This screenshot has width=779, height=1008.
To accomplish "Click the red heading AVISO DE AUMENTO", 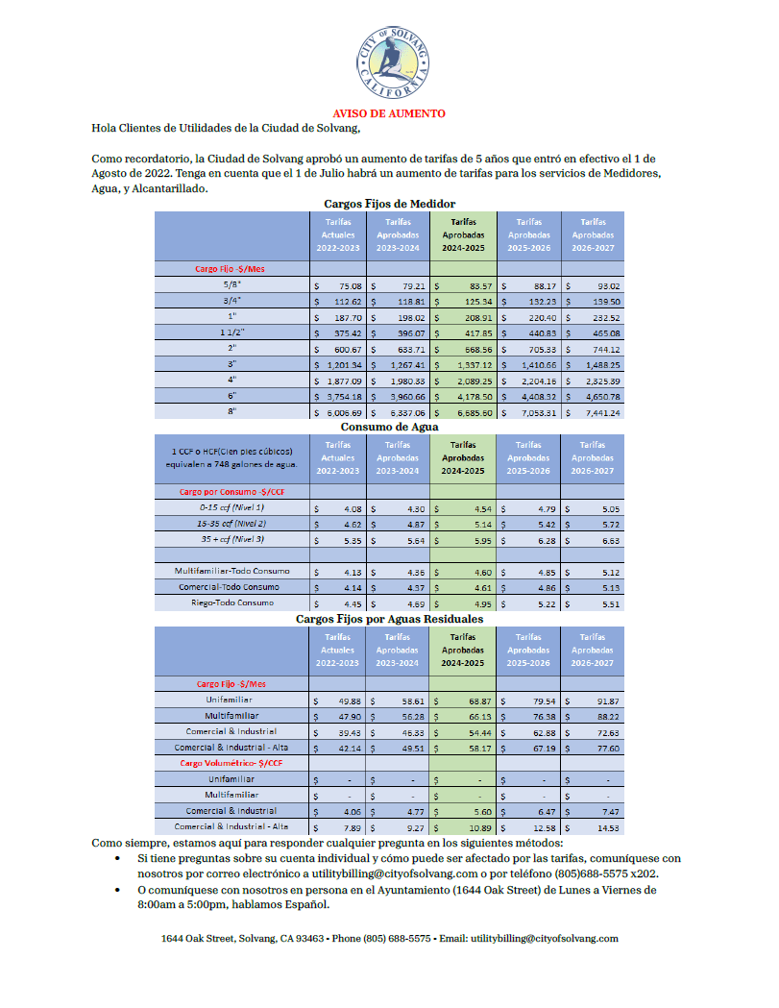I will (389, 113).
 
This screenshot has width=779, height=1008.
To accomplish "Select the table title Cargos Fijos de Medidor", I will (389, 204).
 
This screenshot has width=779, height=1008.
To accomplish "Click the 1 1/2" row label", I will (230, 332).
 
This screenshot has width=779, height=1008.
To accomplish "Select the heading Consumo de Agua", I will (389, 427).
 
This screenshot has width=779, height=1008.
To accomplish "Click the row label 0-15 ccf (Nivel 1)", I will (230, 506).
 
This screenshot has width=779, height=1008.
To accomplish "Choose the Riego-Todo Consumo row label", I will (230, 602).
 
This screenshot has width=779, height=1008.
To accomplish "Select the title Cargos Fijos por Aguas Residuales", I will (389, 620).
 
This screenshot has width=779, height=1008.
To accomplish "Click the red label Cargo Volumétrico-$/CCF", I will (230, 763).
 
